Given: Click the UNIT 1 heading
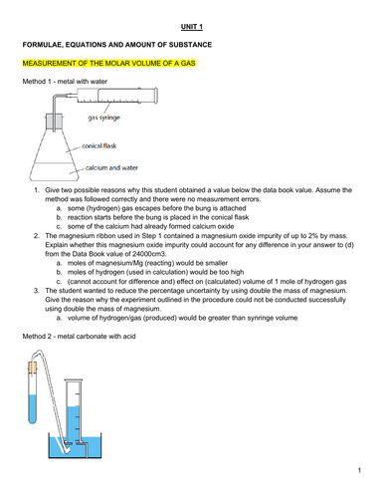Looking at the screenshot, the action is pos(192,27).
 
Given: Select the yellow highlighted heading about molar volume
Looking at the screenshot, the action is pos(109,63).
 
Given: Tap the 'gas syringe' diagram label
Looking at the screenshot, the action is pos(103,118).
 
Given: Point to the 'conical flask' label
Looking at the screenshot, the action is pos(99,145).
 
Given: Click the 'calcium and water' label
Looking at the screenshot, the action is pos(111,167).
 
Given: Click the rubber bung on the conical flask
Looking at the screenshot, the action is pos(54,122).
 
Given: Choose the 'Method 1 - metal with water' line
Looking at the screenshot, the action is pos(65,82).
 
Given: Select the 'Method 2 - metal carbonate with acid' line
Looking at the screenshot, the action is pos(79,337).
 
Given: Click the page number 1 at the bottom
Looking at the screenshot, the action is pos(359,470).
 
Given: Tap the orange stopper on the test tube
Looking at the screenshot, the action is pos(33,368).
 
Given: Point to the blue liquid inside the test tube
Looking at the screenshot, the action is pos(33,409).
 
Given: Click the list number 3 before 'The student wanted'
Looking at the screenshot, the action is pos(37,291).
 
